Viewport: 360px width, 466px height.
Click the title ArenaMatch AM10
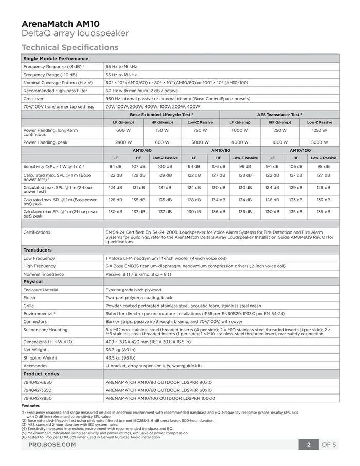pos(61,24)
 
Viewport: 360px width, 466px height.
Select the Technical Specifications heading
pos(70,47)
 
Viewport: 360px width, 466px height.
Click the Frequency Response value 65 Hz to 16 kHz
pos(121,66)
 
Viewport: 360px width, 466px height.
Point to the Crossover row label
pos(33,98)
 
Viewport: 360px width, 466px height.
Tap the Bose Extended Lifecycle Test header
pos(161,114)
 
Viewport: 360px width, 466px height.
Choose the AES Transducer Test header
pos(279,114)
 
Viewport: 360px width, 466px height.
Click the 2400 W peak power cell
pos(123,142)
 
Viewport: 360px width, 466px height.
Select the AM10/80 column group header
pos(220,150)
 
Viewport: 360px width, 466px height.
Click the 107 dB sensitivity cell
pos(138,166)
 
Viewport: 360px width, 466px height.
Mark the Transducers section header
pos(38,250)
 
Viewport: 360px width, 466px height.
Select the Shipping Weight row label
pos(40,357)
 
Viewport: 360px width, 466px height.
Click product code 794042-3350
pos(38,390)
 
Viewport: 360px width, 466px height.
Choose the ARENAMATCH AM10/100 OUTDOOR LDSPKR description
pos(160,398)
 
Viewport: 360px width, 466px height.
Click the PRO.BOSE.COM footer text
pos(51,444)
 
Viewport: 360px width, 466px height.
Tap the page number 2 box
pos(309,444)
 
